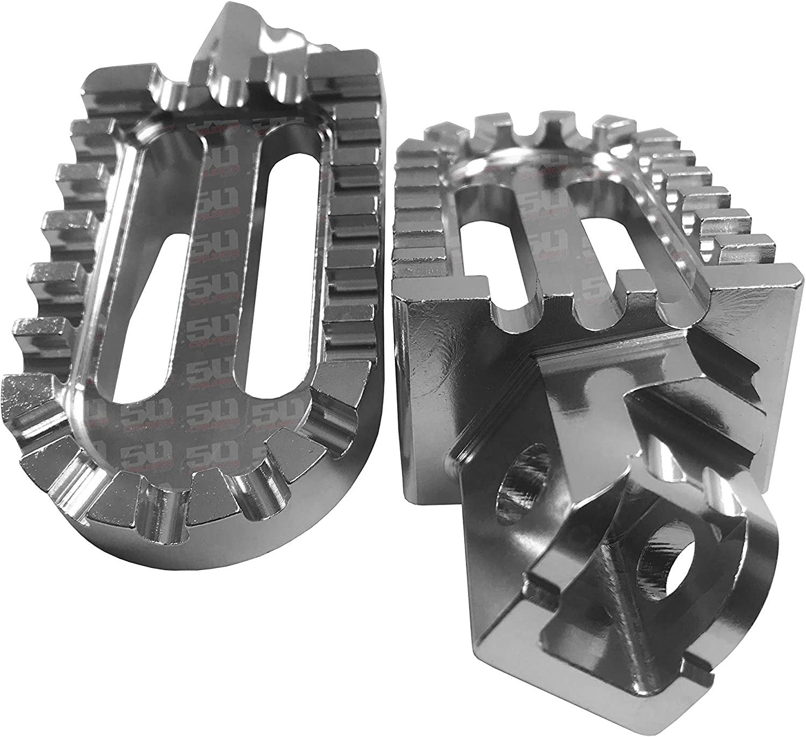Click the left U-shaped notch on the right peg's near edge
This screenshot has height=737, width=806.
[x=516, y=306]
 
